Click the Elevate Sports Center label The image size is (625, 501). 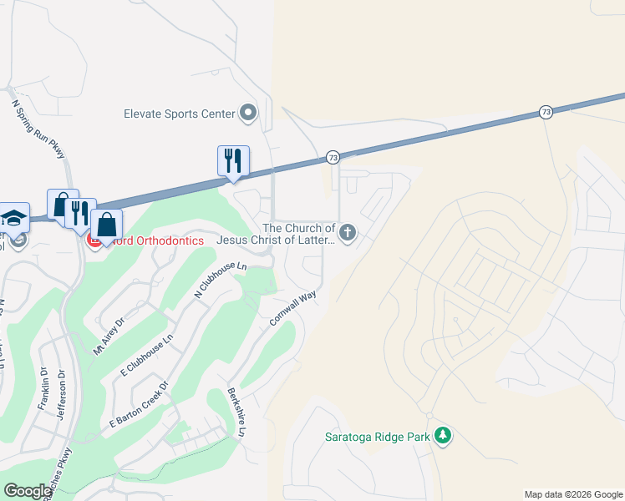coord(180,113)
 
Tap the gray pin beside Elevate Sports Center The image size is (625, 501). coord(248,113)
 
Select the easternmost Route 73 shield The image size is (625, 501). coord(546,111)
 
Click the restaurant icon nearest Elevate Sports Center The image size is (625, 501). coord(233,159)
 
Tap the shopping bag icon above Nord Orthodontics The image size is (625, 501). coord(107,224)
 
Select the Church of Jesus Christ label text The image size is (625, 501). coord(276,234)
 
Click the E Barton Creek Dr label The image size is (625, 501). coord(139,406)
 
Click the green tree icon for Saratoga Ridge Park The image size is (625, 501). coord(443,435)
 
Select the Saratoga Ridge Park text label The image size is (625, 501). coord(377,436)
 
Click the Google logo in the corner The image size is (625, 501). coord(28,491)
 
